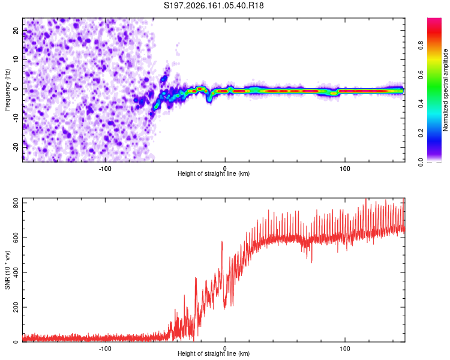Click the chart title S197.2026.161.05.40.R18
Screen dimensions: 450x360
(x=214, y=5)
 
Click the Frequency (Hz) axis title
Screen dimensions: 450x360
(x=7, y=90)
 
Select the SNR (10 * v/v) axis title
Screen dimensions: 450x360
(x=7, y=270)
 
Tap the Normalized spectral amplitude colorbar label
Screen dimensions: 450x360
(x=445, y=90)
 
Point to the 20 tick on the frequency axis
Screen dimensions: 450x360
(x=16, y=31)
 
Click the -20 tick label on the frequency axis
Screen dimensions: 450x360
(x=16, y=148)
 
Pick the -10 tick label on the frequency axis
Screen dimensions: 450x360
(x=16, y=118)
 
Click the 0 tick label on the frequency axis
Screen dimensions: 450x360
(x=16, y=89)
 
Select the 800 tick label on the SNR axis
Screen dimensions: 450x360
(x=16, y=203)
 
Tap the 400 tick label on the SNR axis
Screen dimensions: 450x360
(x=16, y=272)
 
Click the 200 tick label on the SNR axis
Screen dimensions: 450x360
(x=16, y=307)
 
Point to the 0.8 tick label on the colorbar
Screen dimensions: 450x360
(x=421, y=45)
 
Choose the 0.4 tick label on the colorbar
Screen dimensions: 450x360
(x=421, y=104)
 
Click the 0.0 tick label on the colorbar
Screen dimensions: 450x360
(x=421, y=162)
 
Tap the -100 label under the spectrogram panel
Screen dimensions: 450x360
(x=105, y=169)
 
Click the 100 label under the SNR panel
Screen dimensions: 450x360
(x=344, y=349)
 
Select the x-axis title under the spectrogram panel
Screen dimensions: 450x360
(x=214, y=173)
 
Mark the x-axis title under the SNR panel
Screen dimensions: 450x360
(x=214, y=353)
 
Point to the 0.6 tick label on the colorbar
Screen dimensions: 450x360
(x=421, y=74)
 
